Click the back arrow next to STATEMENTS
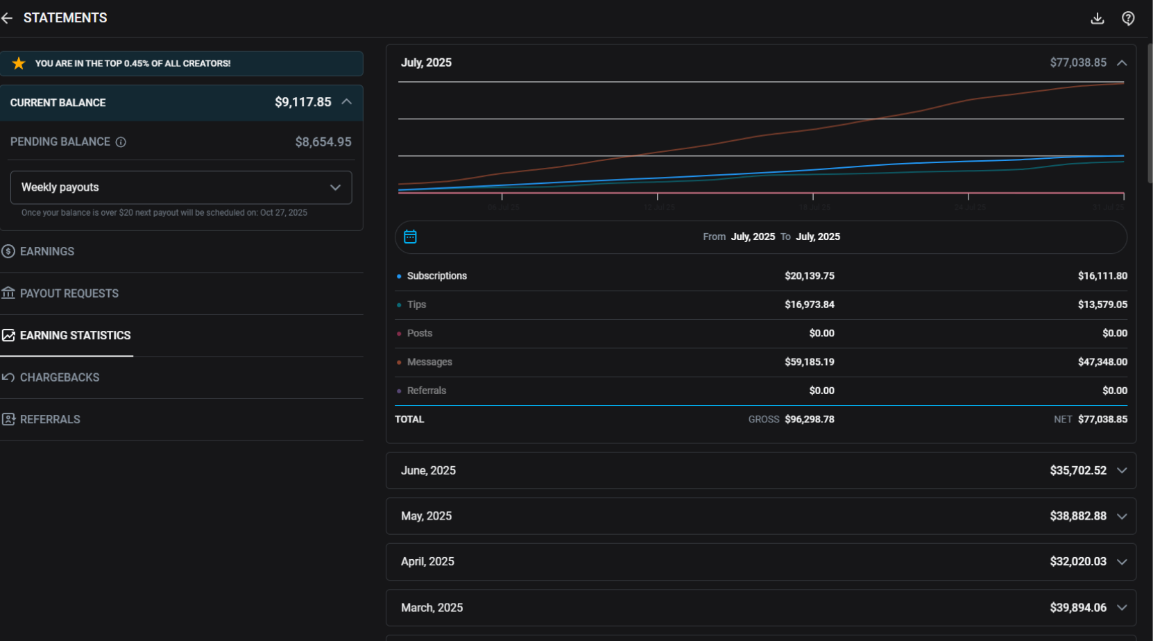pyautogui.click(x=7, y=18)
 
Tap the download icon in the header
pyautogui.click(x=1097, y=18)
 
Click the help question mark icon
pyautogui.click(x=1128, y=18)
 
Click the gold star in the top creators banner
pyautogui.click(x=19, y=63)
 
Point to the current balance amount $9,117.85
pyautogui.click(x=302, y=102)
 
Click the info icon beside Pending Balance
pyautogui.click(x=121, y=142)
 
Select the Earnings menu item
pyautogui.click(x=46, y=251)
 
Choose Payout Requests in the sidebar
pyautogui.click(x=69, y=293)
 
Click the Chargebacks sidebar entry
pyautogui.click(x=59, y=377)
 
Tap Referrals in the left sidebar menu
pyautogui.click(x=49, y=419)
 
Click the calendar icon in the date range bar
pyautogui.click(x=410, y=237)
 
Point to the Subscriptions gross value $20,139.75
pyautogui.click(x=809, y=275)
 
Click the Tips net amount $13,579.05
pyautogui.click(x=1102, y=305)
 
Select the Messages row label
pyautogui.click(x=429, y=362)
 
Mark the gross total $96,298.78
pyautogui.click(x=809, y=419)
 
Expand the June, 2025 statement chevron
pyautogui.click(x=1122, y=470)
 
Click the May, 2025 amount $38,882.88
pyautogui.click(x=1077, y=516)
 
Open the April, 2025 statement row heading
pyautogui.click(x=427, y=561)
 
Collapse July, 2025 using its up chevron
pyautogui.click(x=1122, y=62)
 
